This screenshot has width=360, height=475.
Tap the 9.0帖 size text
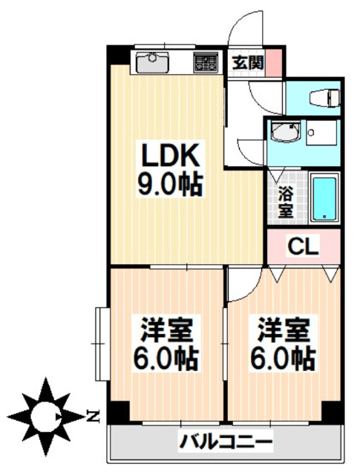tap(170, 184)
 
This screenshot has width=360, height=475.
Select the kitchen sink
tap(153, 62)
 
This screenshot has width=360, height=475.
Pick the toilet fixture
tap(324, 96)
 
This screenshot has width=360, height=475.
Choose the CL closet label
tap(303, 246)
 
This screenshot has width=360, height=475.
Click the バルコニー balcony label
tap(226, 442)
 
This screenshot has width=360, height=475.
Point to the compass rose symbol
tap(45, 416)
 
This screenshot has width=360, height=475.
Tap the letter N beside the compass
tap(93, 416)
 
